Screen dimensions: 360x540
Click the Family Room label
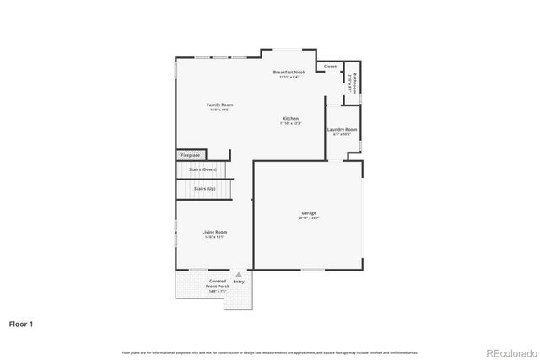219,105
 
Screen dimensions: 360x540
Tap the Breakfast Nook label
289,73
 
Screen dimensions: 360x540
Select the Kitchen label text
290,118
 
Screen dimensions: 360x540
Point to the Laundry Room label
342,129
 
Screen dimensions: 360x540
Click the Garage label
308,213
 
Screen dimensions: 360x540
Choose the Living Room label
214,232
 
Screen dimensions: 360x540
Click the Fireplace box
191,155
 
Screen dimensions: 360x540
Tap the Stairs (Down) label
202,169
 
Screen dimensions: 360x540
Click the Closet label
329,66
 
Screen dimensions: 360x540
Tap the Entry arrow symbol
239,274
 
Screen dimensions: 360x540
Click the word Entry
239,282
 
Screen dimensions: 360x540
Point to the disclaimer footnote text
269,352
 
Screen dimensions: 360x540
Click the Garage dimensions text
308,218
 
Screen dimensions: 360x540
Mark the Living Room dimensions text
214,237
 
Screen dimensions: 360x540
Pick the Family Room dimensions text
219,110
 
